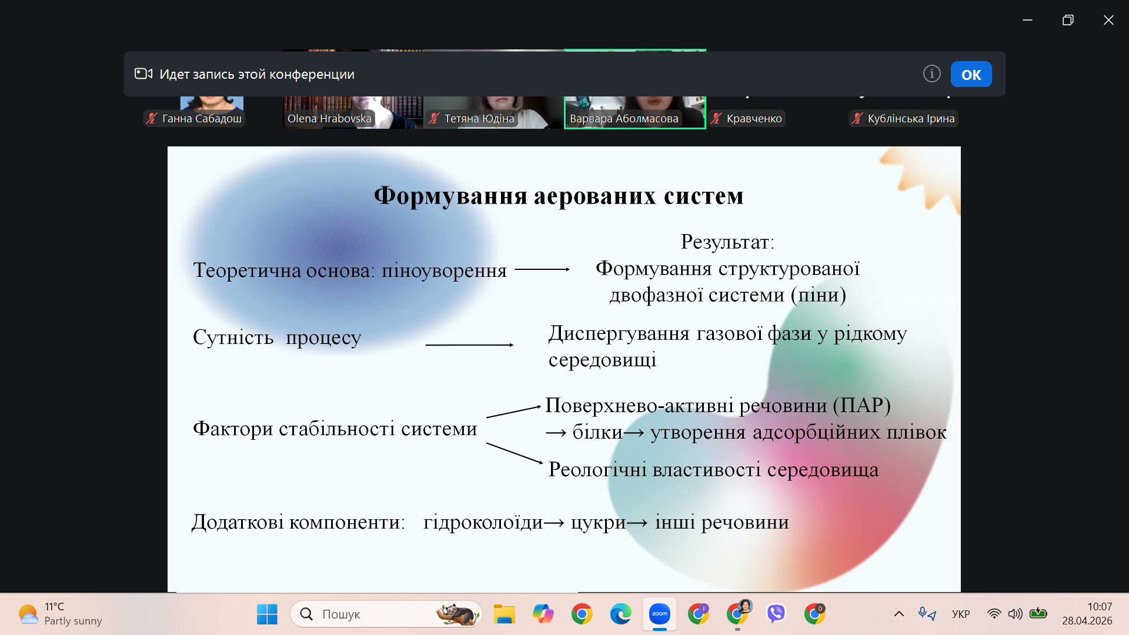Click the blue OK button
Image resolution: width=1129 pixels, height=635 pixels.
(971, 74)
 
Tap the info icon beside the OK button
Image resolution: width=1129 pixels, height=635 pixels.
(931, 73)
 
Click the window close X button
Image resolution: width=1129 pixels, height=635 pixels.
(1108, 20)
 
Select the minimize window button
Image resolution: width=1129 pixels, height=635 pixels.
(1027, 20)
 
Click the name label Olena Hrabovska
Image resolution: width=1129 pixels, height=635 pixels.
(329, 118)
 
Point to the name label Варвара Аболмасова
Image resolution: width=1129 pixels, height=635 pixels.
(624, 118)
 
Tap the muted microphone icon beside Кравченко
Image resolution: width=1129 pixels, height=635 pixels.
(716, 118)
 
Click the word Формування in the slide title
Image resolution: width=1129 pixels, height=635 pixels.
(450, 196)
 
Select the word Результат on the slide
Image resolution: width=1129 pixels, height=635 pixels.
(724, 242)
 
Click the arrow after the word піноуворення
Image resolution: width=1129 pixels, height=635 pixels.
(542, 269)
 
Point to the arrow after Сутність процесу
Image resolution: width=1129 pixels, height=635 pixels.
(469, 345)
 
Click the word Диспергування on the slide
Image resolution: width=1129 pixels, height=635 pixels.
(619, 334)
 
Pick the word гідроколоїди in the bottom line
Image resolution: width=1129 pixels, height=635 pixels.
(483, 522)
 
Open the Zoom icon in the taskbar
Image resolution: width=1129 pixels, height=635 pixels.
(660, 614)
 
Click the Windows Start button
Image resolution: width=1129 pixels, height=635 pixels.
(267, 614)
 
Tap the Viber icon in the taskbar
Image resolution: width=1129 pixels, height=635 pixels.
(776, 614)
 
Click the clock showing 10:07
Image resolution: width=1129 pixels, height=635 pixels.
(1099, 607)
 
